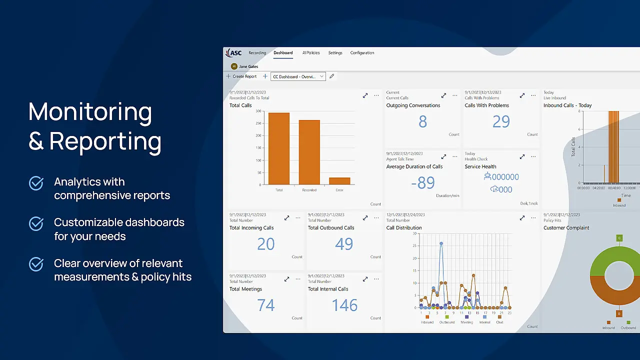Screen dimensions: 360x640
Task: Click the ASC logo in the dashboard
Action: [x=233, y=53]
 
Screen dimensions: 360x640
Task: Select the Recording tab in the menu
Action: [x=257, y=53]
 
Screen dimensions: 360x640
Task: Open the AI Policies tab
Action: [x=310, y=53]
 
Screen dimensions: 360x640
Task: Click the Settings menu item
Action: [x=335, y=53]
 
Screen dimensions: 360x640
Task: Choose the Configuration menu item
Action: [x=362, y=53]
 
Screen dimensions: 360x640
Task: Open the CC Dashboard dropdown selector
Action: [x=298, y=76]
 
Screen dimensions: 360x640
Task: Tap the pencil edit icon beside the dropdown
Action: [x=331, y=76]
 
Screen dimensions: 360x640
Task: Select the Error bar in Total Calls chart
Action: [x=339, y=181]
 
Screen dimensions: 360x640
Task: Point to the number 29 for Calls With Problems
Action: [x=500, y=121]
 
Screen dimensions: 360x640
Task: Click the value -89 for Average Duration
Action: [x=422, y=183]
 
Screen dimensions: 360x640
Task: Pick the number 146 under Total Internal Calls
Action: [x=344, y=305]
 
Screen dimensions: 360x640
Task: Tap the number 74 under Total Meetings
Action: [x=265, y=305]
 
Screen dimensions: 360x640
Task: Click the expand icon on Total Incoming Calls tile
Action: [x=286, y=218]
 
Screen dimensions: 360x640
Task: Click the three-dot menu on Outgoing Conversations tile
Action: [x=454, y=95]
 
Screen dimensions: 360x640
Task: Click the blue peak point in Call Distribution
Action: [x=441, y=243]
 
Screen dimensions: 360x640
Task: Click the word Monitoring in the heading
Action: [x=90, y=111]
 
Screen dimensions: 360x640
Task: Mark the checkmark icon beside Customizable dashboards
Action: [x=36, y=224]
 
